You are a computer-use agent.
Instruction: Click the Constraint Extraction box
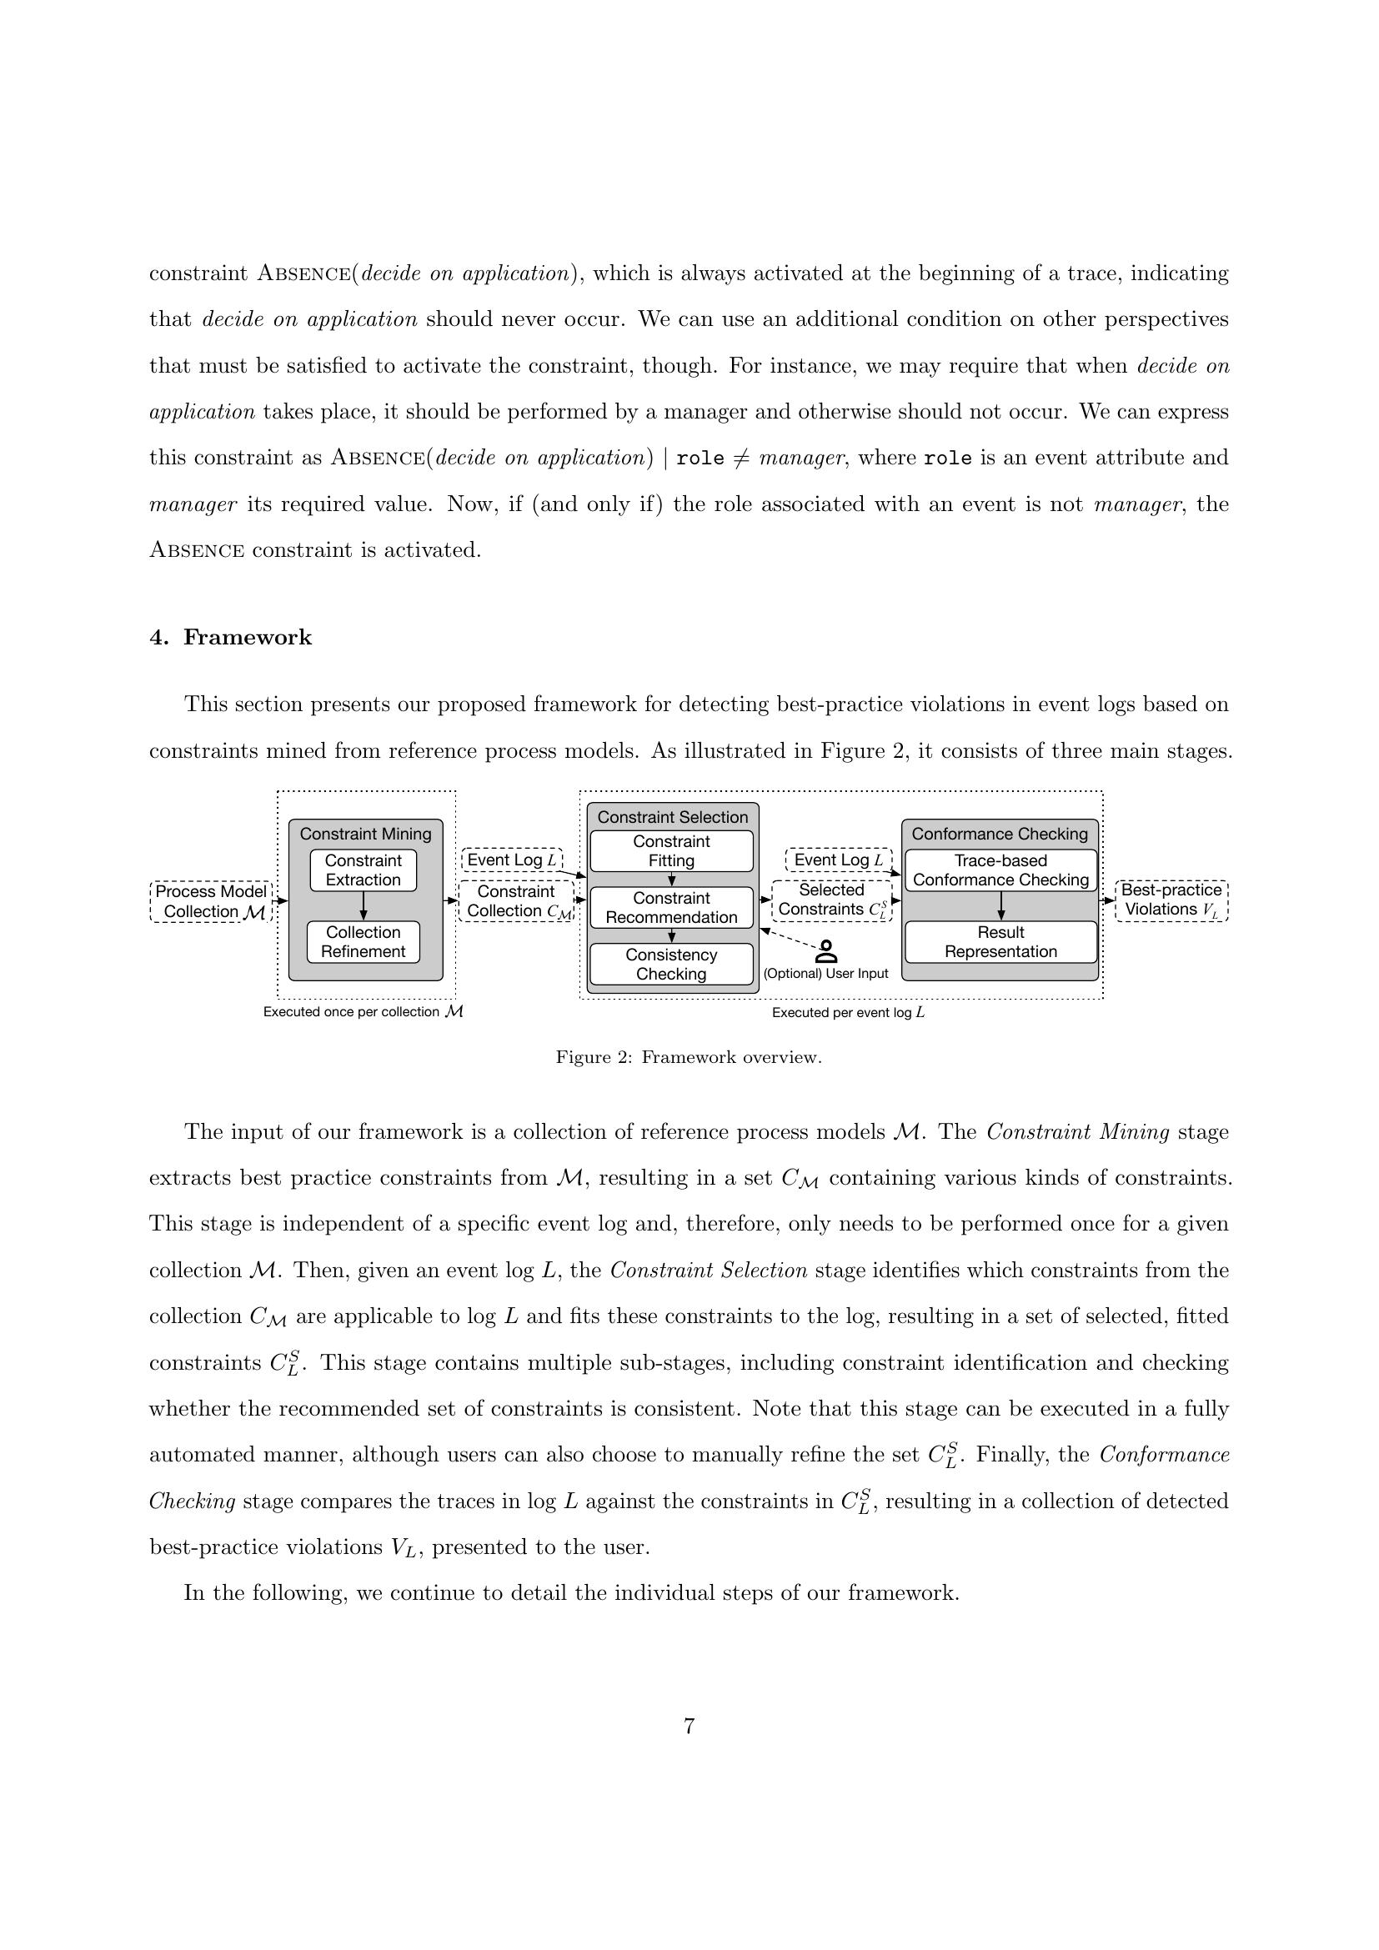click(x=363, y=870)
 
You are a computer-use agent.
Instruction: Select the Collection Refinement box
click(x=363, y=941)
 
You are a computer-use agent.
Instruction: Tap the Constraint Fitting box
click(x=671, y=851)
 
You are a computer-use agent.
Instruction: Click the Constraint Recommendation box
click(x=671, y=907)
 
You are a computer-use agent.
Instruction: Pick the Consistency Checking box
click(x=671, y=964)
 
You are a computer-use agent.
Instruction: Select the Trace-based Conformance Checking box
click(x=1000, y=870)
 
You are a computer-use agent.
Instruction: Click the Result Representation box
click(x=1000, y=941)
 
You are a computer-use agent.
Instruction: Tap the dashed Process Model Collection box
click(x=211, y=901)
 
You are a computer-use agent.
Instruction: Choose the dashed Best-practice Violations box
click(x=1171, y=900)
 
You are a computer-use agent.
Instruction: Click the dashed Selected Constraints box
click(x=831, y=900)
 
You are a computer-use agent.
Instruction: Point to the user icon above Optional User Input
click(x=825, y=951)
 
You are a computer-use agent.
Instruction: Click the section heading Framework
click(x=247, y=638)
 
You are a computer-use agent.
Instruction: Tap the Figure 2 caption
click(x=689, y=1057)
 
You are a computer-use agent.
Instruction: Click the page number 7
click(x=689, y=1726)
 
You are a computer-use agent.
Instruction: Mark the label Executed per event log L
click(x=847, y=1012)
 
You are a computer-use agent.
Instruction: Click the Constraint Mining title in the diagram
click(x=365, y=834)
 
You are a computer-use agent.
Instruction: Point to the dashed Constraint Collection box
click(x=516, y=901)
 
